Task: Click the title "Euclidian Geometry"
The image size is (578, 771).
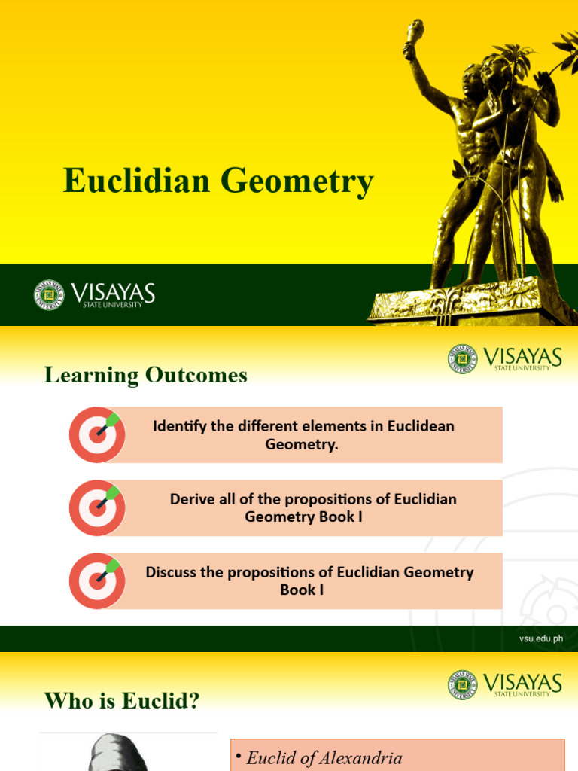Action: tap(218, 181)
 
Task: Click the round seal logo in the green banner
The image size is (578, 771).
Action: tap(49, 294)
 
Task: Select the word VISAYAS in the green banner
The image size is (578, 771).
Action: tap(113, 291)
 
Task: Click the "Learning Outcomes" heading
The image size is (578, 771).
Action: tap(146, 375)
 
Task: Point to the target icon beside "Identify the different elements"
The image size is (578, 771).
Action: tap(97, 434)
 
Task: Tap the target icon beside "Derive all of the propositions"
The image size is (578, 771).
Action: tap(97, 507)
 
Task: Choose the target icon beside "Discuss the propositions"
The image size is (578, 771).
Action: tap(97, 581)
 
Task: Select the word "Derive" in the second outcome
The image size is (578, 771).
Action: tap(191, 499)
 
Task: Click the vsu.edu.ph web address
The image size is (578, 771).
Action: tap(540, 639)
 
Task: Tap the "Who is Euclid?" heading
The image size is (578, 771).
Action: tap(122, 702)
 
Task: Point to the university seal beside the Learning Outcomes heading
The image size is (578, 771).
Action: tap(462, 359)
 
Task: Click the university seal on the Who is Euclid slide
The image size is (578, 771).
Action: tap(462, 686)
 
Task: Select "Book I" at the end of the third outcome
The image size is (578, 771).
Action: tap(302, 590)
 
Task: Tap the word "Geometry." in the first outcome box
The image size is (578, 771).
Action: tap(302, 444)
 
